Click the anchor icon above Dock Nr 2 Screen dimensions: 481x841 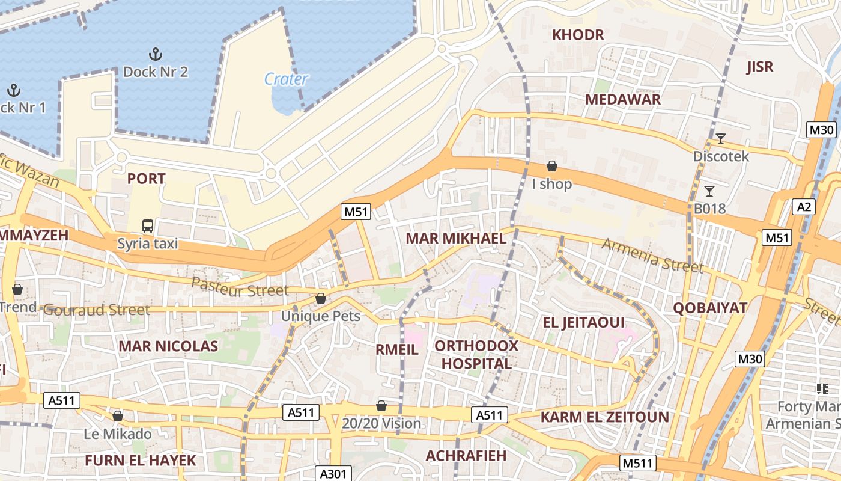(x=156, y=54)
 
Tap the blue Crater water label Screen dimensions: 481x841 (x=286, y=79)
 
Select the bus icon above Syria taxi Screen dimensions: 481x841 (x=148, y=226)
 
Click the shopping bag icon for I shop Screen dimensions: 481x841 (x=552, y=166)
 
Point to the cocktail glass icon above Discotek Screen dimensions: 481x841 (x=720, y=139)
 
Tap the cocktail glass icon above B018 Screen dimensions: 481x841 (x=709, y=191)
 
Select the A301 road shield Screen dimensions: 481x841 (x=333, y=473)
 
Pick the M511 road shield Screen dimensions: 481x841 (x=637, y=462)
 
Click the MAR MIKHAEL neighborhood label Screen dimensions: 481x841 (x=456, y=238)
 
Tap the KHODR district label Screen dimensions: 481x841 (x=578, y=35)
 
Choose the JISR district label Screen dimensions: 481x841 (x=759, y=67)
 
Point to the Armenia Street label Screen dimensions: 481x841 (x=652, y=255)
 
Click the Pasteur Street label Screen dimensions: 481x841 (x=240, y=287)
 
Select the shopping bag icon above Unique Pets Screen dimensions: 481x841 (x=321, y=299)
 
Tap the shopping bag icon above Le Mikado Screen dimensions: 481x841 (x=118, y=416)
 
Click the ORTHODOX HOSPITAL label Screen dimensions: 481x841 (x=476, y=355)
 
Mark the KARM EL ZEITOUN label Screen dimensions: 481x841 (x=604, y=417)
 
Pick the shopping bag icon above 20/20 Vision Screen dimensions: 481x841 (x=381, y=406)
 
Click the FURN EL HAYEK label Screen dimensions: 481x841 (x=140, y=461)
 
